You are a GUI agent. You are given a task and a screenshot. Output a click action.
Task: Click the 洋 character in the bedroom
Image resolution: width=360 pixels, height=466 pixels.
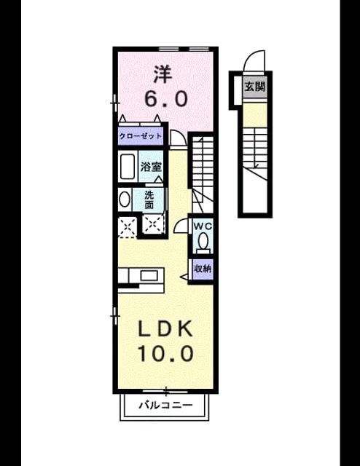click(x=163, y=75)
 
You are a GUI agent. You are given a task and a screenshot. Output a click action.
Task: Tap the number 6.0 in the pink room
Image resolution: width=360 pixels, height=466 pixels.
click(x=166, y=99)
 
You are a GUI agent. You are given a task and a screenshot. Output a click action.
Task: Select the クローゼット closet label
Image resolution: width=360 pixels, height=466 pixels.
click(x=141, y=136)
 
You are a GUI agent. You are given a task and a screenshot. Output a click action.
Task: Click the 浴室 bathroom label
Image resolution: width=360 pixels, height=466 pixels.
click(x=151, y=167)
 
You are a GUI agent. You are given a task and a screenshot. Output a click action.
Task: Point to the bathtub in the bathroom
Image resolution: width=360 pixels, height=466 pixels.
click(x=128, y=166)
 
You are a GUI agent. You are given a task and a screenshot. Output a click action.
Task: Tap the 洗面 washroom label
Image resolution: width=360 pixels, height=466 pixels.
click(x=149, y=200)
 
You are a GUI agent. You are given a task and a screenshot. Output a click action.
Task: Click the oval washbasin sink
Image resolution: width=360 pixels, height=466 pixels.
click(x=125, y=199)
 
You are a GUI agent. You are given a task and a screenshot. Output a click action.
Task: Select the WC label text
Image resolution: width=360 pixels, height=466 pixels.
click(x=203, y=226)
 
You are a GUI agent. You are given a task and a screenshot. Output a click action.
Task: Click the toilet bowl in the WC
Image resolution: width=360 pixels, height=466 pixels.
click(x=203, y=240)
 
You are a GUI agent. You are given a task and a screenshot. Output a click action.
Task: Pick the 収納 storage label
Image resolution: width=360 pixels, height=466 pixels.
click(x=203, y=269)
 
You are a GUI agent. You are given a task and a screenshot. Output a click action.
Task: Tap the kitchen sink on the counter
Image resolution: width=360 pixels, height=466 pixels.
click(x=149, y=276)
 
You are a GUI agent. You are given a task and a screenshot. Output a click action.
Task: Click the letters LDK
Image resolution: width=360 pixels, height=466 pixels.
click(x=165, y=329)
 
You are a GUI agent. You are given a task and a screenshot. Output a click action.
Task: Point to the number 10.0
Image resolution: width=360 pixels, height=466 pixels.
click(x=165, y=353)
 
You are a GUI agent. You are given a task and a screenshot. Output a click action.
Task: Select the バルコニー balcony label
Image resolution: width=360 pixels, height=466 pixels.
click(x=166, y=405)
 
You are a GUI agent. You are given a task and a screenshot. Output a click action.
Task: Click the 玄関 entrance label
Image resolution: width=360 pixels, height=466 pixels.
click(x=254, y=87)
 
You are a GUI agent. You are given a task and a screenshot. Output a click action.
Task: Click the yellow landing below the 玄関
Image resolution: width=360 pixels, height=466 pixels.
click(x=254, y=115)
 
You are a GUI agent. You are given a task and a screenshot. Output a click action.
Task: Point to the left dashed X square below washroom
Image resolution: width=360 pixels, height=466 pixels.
click(x=128, y=227)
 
